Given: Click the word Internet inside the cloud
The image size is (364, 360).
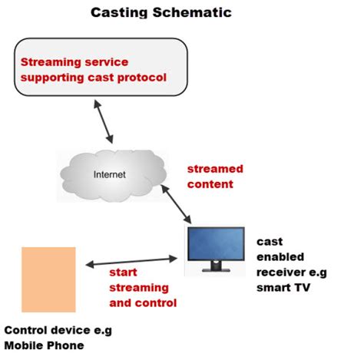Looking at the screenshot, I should coord(110,173).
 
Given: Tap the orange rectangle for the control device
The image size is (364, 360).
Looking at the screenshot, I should coord(48,277).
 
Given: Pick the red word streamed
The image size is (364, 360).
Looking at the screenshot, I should coord(215,169).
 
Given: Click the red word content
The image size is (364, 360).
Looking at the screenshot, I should coord(210,184).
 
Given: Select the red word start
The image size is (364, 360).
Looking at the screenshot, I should coord(123,272).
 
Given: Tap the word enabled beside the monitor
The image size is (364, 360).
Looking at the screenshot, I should coord(280,256).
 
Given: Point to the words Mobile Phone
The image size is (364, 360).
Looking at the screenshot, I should coord(44,345).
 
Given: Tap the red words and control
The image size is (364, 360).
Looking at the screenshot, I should coord(143,302).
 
